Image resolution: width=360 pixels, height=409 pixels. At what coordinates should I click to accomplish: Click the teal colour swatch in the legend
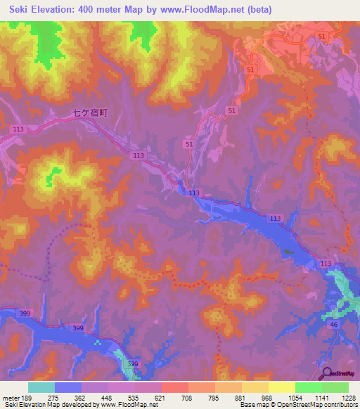(41, 388)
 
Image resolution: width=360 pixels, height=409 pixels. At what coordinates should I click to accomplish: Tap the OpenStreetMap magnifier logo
(326, 373)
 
